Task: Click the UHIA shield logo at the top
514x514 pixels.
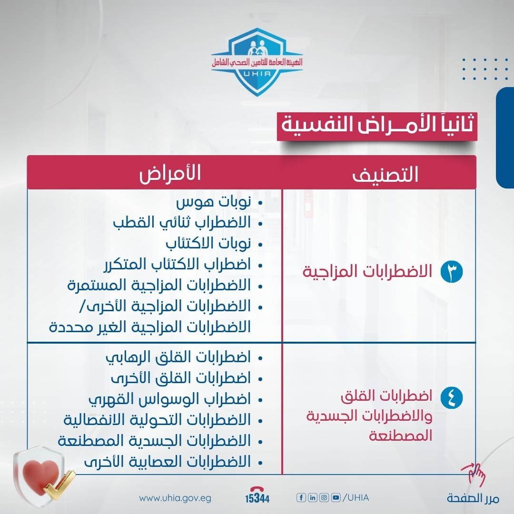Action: pyautogui.click(x=257, y=62)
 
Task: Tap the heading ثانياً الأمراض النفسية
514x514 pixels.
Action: pyautogui.click(x=377, y=126)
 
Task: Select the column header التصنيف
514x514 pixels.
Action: pyautogui.click(x=385, y=175)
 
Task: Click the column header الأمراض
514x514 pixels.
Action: pyautogui.click(x=170, y=174)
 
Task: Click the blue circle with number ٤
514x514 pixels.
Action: pyautogui.click(x=448, y=397)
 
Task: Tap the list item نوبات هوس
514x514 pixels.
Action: pyautogui.click(x=213, y=203)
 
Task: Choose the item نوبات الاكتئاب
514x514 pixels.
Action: pyautogui.click(x=208, y=244)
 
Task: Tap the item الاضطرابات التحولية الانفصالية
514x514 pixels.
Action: pyautogui.click(x=157, y=420)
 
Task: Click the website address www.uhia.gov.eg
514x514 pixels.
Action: pyautogui.click(x=175, y=498)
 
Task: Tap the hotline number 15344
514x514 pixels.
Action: pyautogui.click(x=257, y=498)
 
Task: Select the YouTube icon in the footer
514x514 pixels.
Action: pyautogui.click(x=336, y=498)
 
